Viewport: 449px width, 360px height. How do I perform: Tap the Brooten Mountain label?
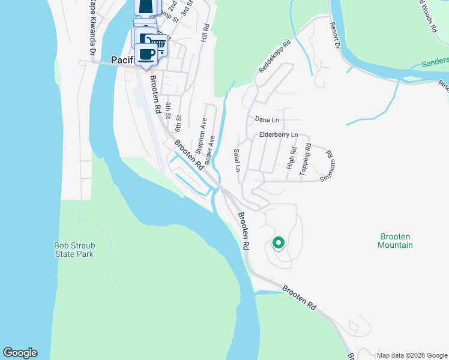396,241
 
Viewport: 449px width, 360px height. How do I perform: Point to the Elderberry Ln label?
279,135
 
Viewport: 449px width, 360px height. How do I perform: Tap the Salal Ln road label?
237,160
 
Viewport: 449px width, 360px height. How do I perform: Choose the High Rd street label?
292,158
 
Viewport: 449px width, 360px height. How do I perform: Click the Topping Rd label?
306,159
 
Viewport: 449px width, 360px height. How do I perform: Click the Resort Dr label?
335,36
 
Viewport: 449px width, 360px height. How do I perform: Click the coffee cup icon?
146,53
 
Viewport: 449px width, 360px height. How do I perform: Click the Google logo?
20,353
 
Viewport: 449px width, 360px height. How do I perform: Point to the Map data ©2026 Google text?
412,355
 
